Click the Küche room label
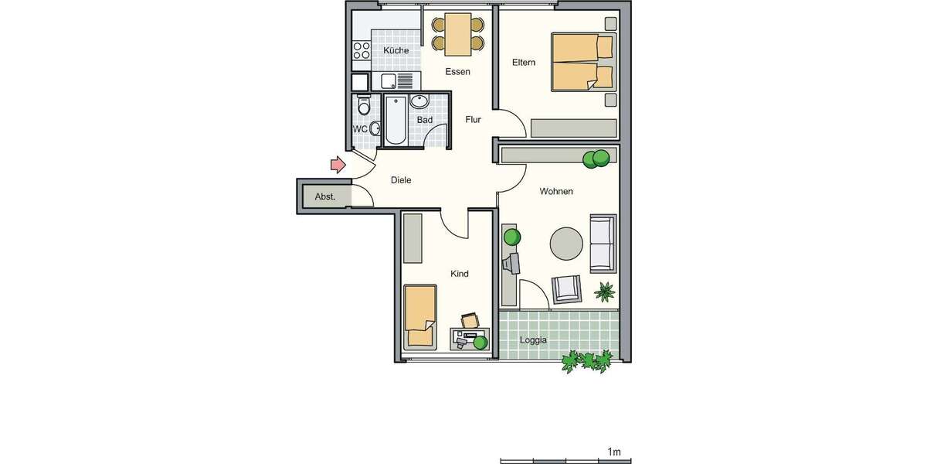pos(396,51)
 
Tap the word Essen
pos(457,72)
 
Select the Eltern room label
pos(523,63)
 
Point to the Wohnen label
pos(556,191)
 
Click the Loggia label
pos(533,340)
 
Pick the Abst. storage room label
pos(324,197)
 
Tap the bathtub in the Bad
pos(395,121)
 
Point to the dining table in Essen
pos(457,36)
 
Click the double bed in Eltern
pos(582,62)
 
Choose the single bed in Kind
pos(419,316)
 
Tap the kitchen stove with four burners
pos(361,51)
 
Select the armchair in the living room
pos(567,289)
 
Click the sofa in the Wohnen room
pos(603,243)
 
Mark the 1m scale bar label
pos(615,452)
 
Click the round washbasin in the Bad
pos(419,101)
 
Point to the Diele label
pos(401,180)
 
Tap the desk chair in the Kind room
pos(470,319)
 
